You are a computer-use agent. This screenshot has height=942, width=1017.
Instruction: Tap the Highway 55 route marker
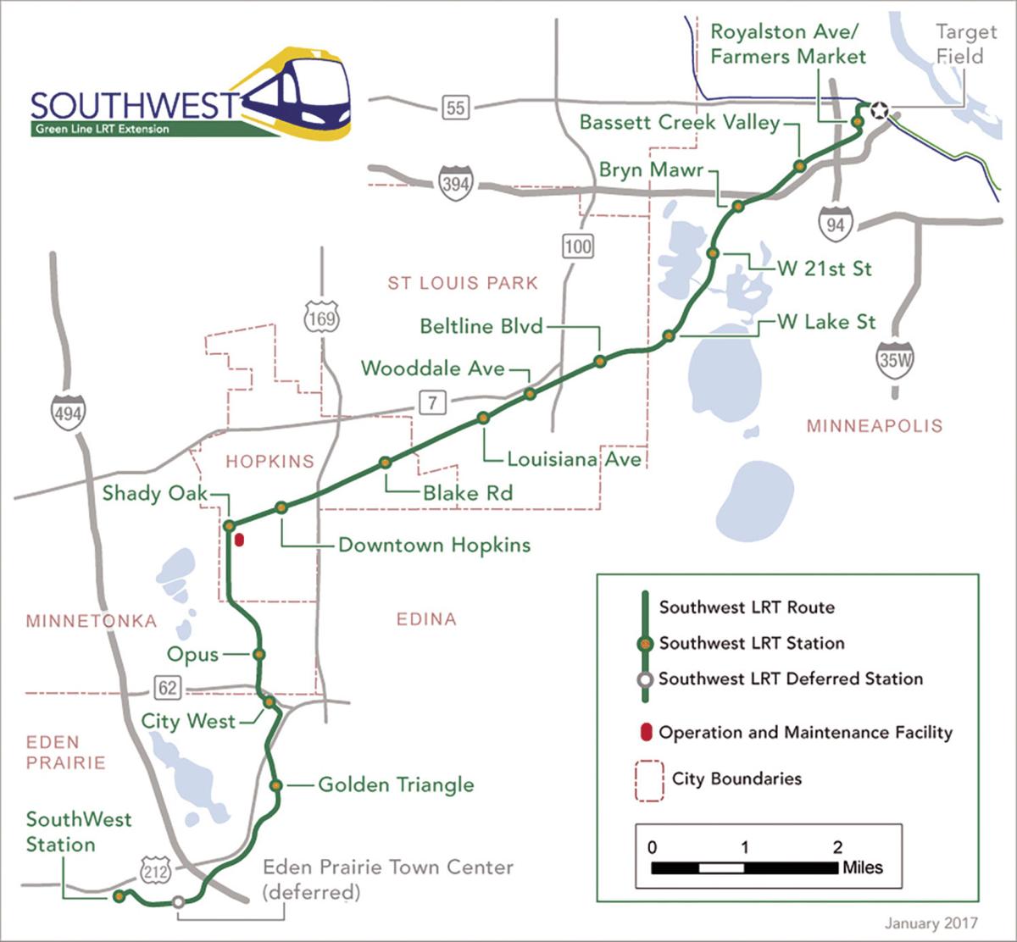coord(455,107)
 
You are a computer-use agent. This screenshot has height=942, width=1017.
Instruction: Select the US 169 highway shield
coord(323,319)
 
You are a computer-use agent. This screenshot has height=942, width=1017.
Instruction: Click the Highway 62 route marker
coord(169,686)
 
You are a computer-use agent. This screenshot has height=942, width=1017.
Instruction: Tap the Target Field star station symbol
coord(879,109)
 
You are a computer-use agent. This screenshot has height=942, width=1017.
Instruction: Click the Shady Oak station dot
coord(229,525)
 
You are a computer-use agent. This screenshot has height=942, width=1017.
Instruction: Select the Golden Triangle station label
coord(396,784)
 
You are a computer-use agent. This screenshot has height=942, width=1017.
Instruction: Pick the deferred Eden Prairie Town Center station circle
coord(178,902)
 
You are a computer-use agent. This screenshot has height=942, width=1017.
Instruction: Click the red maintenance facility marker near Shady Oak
coord(239,540)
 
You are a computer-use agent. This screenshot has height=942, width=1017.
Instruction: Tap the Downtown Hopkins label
coord(434,544)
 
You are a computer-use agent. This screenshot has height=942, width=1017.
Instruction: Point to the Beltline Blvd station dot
coord(600,361)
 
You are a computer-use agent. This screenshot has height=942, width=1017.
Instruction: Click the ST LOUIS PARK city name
coord(463,283)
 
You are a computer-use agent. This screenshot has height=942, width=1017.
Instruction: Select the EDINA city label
coord(426,619)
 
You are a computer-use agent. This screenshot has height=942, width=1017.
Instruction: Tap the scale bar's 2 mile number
coord(837,847)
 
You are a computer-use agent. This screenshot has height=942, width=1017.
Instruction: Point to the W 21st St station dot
coord(713,253)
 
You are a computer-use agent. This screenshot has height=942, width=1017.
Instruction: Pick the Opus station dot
coord(259,654)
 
